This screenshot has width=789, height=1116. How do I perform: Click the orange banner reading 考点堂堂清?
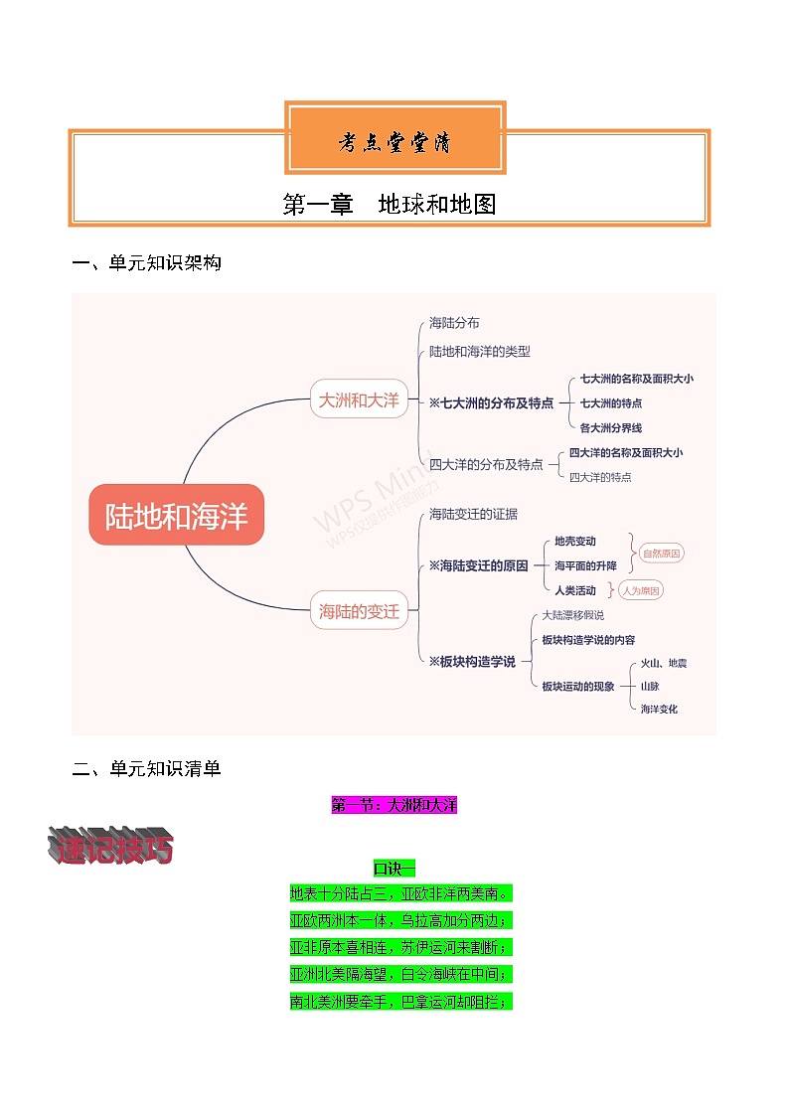(x=394, y=143)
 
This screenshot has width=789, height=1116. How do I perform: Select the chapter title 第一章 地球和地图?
(x=390, y=205)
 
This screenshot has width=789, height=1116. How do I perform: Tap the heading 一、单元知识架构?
(x=147, y=263)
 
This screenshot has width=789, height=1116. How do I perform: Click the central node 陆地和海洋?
(x=177, y=515)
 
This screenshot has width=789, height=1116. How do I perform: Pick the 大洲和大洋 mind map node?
(x=359, y=399)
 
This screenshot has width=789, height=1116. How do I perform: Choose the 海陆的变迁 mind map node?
(x=359, y=612)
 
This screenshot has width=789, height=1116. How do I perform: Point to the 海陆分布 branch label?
(x=454, y=323)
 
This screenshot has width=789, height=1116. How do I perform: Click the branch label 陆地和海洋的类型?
(x=480, y=351)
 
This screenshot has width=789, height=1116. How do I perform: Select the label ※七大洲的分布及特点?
(x=491, y=403)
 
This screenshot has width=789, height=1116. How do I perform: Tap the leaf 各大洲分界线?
(x=611, y=427)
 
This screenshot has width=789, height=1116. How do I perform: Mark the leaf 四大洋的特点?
(x=600, y=477)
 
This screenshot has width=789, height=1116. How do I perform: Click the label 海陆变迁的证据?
(x=473, y=514)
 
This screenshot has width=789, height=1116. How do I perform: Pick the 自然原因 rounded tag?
(x=662, y=554)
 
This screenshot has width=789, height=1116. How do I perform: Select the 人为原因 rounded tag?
(x=640, y=590)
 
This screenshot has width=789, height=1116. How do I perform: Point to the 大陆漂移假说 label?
(x=572, y=615)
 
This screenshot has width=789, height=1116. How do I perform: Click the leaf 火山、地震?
(x=663, y=662)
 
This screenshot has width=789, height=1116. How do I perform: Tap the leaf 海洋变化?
(x=659, y=709)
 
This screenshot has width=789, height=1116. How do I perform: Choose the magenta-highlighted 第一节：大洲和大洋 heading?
(x=394, y=805)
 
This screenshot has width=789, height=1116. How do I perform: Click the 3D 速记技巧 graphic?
(x=110, y=847)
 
